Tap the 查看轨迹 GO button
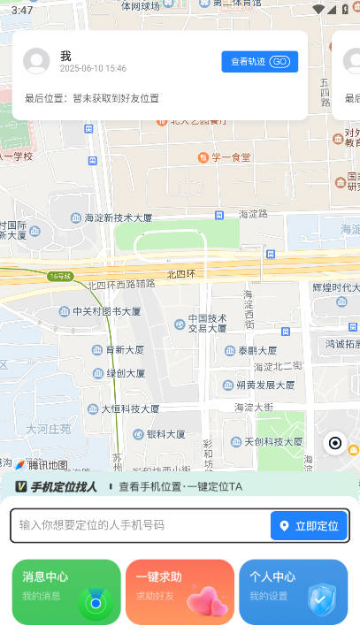pyautogui.click(x=259, y=61)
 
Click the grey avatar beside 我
pyautogui.click(x=36, y=61)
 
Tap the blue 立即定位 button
pyautogui.click(x=309, y=525)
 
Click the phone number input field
pyautogui.click(x=142, y=525)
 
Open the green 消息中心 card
pyautogui.click(x=66, y=591)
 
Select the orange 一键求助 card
pyautogui.click(x=180, y=591)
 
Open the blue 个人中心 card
pyautogui.click(x=293, y=591)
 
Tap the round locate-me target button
pyautogui.click(x=335, y=443)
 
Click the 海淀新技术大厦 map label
pyautogui.click(x=111, y=217)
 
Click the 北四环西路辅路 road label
pyautogui.click(x=121, y=285)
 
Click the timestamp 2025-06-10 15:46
pyautogui.click(x=93, y=68)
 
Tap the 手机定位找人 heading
pyautogui.click(x=63, y=486)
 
